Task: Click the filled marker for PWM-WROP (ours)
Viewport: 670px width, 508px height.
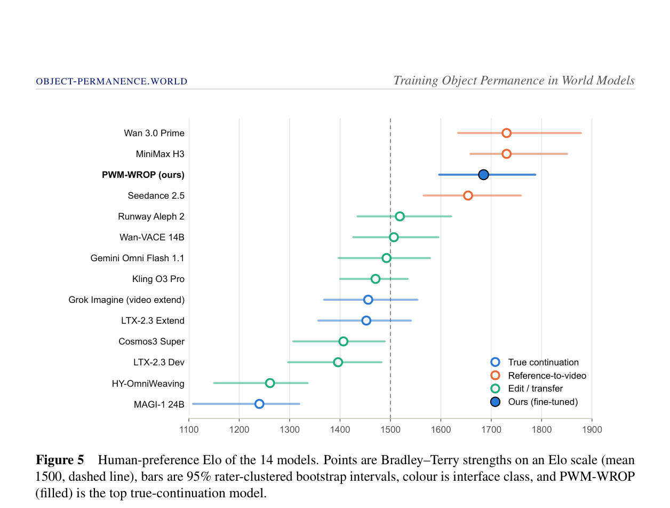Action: [x=483, y=175]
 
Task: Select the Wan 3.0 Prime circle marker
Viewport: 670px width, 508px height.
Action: [x=506, y=133]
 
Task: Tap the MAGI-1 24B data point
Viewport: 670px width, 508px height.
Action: [x=259, y=404]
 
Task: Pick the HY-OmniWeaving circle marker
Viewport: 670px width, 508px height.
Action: [x=270, y=383]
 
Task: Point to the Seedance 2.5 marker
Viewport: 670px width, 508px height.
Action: [x=468, y=196]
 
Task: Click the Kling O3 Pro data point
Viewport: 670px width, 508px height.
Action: [x=376, y=279]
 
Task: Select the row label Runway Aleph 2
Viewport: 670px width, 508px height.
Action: [x=151, y=216]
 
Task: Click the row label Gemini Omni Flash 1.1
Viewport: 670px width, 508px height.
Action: [x=137, y=258]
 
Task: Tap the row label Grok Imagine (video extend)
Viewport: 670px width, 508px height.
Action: [x=126, y=300]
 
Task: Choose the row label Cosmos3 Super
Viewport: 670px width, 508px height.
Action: [x=151, y=341]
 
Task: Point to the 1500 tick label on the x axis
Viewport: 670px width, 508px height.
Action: [x=390, y=429]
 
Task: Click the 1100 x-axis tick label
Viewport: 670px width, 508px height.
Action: [x=189, y=429]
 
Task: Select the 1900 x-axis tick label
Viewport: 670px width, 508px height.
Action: [x=592, y=429]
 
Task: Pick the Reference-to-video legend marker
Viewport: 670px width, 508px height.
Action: [x=495, y=376]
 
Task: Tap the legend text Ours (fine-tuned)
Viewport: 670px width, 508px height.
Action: [x=543, y=402]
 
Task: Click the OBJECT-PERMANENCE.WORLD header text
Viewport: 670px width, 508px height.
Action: [x=111, y=81]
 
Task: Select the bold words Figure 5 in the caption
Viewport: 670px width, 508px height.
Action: [x=60, y=460]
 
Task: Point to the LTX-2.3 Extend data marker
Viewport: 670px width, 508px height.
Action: [x=366, y=321]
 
